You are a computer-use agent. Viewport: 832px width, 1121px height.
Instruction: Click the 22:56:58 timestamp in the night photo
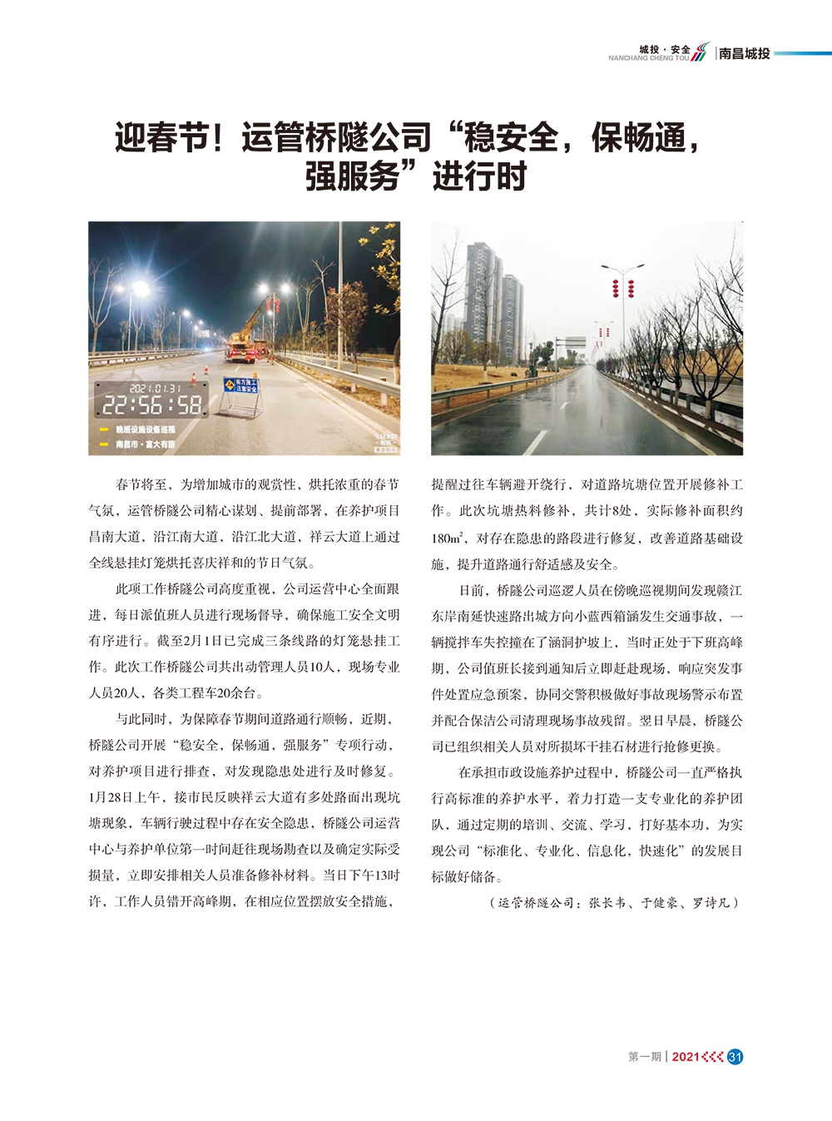pyautogui.click(x=151, y=405)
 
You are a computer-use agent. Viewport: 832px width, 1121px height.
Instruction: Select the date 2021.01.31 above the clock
pyautogui.click(x=156, y=388)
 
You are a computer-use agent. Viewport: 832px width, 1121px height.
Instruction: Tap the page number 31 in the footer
pyautogui.click(x=735, y=1057)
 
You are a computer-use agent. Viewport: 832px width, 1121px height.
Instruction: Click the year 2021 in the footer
pyautogui.click(x=685, y=1057)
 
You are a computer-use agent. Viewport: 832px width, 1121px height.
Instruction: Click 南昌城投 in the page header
pyautogui.click(x=745, y=53)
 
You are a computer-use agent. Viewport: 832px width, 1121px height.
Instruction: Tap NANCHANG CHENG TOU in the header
pyautogui.click(x=648, y=58)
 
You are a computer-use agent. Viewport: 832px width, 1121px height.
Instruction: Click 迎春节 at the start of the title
pyautogui.click(x=161, y=137)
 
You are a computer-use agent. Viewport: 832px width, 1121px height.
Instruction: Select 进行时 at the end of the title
pyautogui.click(x=480, y=176)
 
